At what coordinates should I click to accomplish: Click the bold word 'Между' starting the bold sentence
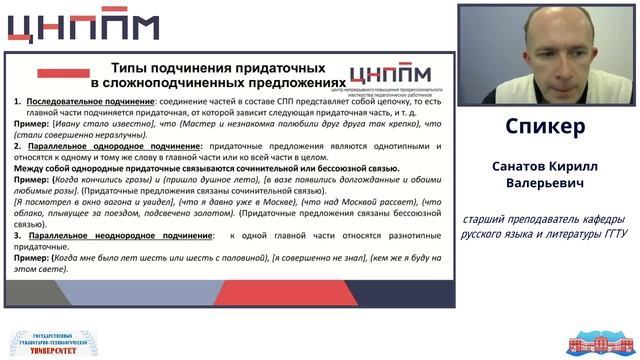(x=30, y=168)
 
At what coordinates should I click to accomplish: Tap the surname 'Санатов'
(x=518, y=165)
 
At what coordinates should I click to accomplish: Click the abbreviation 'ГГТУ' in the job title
(x=605, y=235)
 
